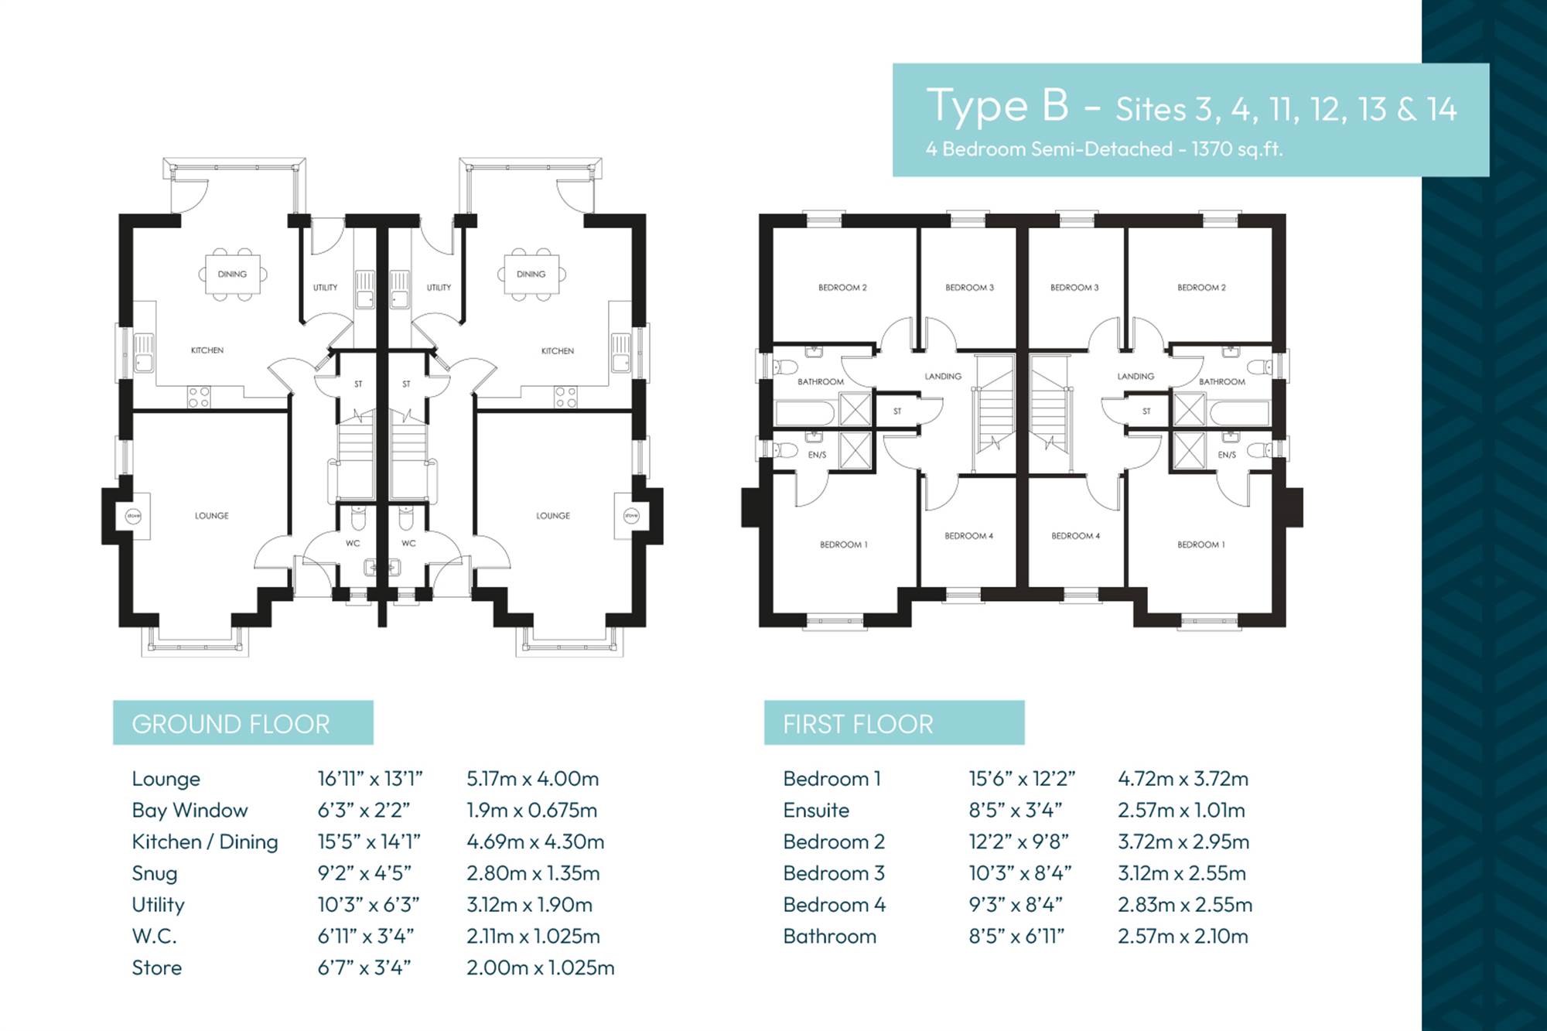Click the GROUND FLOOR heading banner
[243, 723]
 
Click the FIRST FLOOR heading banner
[894, 723]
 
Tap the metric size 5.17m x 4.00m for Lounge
[532, 779]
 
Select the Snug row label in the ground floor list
[155, 874]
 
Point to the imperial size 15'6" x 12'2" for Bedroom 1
[1022, 779]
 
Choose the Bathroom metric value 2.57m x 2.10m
[1183, 937]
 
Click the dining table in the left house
[232, 274]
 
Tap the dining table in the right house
[531, 274]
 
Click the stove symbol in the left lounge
[133, 515]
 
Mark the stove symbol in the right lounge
[631, 515]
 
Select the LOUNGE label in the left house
[211, 516]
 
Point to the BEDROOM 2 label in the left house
[842, 288]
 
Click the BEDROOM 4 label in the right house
[1075, 536]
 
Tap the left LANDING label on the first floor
[943, 377]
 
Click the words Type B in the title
[998, 105]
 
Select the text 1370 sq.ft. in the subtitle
[1237, 149]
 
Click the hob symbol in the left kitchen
[199, 397]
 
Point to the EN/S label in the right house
[1227, 455]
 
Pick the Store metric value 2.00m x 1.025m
[540, 968]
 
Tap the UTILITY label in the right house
[439, 288]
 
